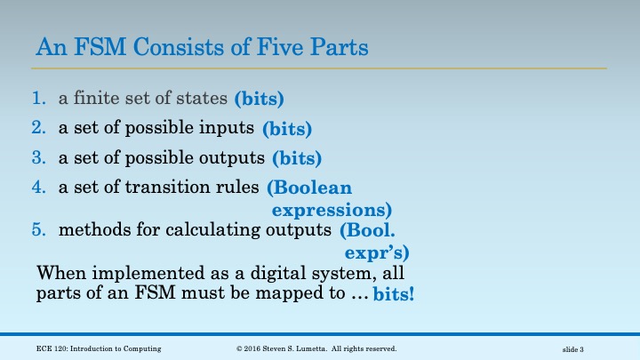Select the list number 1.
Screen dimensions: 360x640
[38, 99]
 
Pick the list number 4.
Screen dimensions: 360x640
[38, 187]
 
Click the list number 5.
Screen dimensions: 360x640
[38, 230]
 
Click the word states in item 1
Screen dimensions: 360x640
[204, 99]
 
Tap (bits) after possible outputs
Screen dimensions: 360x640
[296, 159]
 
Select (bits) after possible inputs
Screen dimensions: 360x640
[287, 130]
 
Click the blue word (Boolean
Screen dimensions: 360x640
[309, 188]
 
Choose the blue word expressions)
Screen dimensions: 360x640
[332, 211]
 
